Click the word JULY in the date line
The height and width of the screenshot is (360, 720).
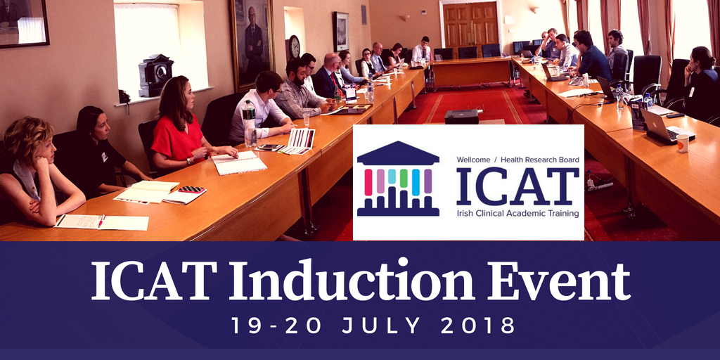coord(380,325)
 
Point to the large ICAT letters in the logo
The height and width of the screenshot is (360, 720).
coord(517,186)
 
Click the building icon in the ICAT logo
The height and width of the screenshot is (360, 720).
coord(398,179)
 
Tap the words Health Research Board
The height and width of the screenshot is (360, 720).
coord(540,160)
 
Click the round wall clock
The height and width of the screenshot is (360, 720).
coord(295,47)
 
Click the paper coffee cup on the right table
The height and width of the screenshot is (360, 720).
coord(683,143)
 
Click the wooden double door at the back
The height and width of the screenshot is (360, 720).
coord(470,25)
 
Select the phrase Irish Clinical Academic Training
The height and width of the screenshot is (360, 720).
coord(518,214)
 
